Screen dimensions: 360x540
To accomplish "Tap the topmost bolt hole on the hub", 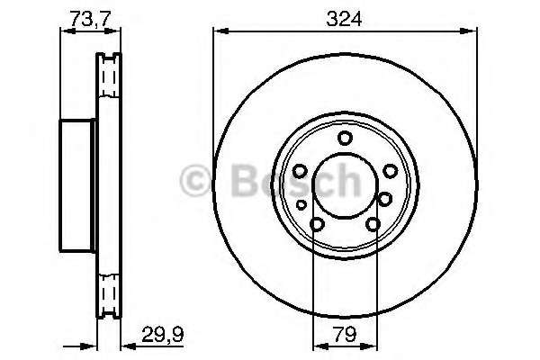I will click(x=345, y=138).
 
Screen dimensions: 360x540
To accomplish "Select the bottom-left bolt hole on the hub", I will click(x=317, y=226).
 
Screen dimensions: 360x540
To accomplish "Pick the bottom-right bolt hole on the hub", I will click(x=373, y=226).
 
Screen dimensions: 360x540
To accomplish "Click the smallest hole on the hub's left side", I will click(x=301, y=205).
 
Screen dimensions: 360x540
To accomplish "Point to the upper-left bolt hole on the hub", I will click(x=300, y=171).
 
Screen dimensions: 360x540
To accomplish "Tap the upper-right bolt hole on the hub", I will click(x=390, y=171).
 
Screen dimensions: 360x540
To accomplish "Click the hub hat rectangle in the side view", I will click(x=78, y=186).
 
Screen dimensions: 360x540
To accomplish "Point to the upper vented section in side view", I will click(x=109, y=76).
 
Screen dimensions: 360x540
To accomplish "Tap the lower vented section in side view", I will click(x=109, y=295).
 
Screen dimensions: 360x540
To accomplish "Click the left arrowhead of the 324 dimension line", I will click(x=217, y=31).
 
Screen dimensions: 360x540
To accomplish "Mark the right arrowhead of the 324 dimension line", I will click(x=472, y=31).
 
